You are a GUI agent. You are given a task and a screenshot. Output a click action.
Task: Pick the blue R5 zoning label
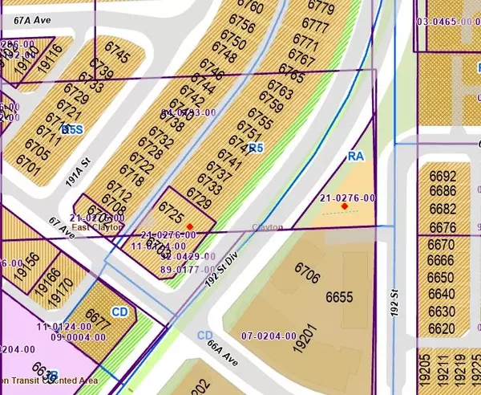(255, 148)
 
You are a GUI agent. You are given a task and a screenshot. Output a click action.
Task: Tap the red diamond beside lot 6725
(189, 226)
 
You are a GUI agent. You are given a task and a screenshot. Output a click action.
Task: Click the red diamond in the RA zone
(345, 206)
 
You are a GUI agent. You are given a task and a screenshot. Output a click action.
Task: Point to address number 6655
(340, 297)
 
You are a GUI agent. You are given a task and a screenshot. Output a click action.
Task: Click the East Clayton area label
(98, 227)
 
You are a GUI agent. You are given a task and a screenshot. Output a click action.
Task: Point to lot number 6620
(442, 328)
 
